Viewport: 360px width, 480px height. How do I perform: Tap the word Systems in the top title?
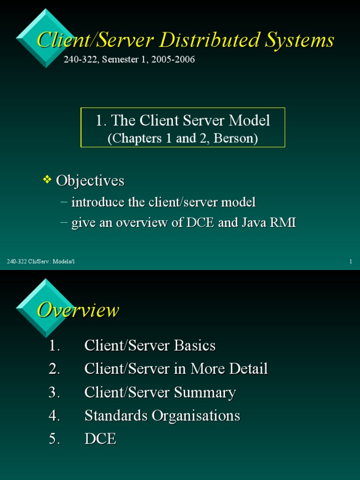pos(299,40)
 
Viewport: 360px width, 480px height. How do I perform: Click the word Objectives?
pos(90,180)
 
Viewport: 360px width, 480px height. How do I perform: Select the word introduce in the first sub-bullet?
pos(97,202)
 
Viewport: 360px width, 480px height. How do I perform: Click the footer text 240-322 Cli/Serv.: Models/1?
pos(41,261)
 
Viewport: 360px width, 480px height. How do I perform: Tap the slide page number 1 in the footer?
pos(351,261)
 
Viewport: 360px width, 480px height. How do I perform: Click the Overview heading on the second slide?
pos(78,310)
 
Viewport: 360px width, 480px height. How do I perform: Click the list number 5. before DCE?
pos(54,439)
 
